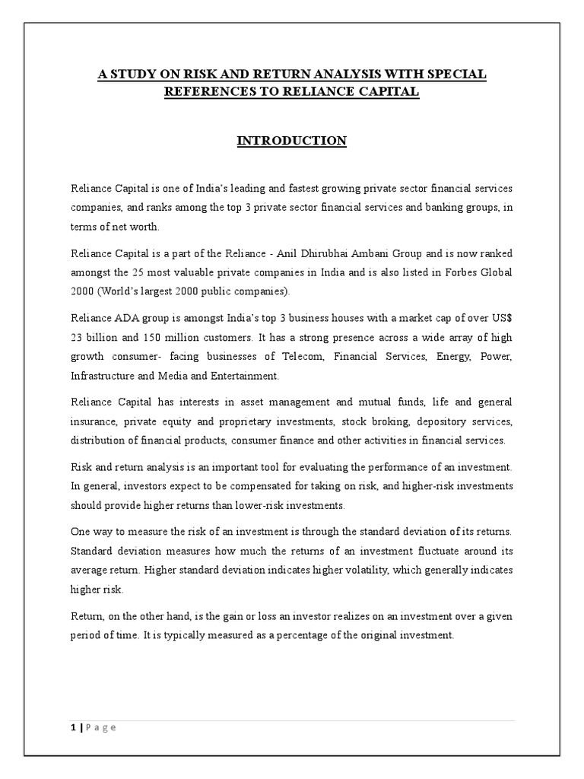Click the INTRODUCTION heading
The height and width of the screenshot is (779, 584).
[x=292, y=141]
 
